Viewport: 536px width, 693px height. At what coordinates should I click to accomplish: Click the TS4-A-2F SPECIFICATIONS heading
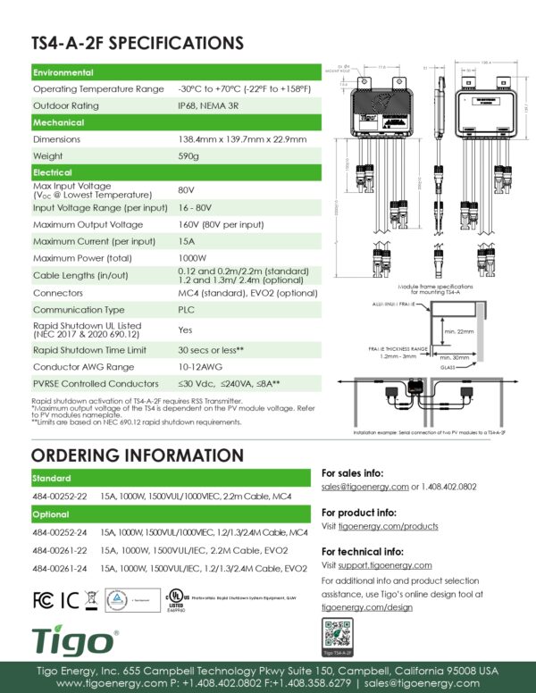[x=137, y=42]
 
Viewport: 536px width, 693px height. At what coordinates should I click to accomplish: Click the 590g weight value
[x=188, y=155]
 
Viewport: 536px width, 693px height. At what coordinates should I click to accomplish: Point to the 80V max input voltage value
[x=187, y=190]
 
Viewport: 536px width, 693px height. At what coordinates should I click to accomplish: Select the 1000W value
[x=192, y=258]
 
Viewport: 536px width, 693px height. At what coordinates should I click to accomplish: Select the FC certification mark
[x=43, y=598]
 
